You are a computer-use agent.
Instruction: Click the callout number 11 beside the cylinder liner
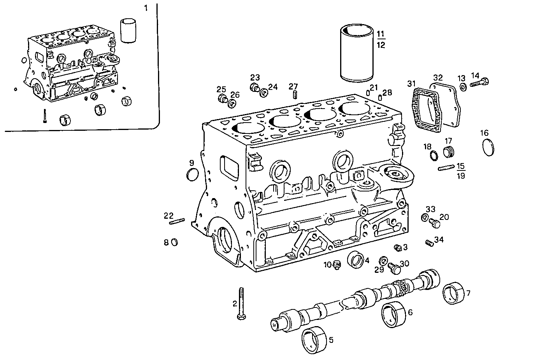(381, 33)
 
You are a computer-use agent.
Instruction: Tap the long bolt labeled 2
(241, 304)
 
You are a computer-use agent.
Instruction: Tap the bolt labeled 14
(479, 82)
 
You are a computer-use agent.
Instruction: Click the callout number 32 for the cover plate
(437, 77)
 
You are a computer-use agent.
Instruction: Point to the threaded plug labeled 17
(449, 152)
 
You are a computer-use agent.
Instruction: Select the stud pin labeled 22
(177, 222)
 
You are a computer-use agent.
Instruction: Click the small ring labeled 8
(175, 242)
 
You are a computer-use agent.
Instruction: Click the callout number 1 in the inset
(146, 8)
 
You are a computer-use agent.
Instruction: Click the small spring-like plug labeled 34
(429, 243)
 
